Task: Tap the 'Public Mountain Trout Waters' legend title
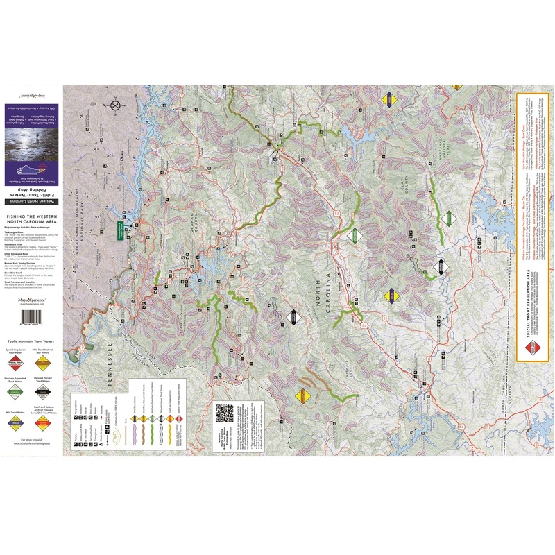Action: point(31,342)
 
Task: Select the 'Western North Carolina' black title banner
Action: point(31,201)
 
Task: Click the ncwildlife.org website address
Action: point(31,444)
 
